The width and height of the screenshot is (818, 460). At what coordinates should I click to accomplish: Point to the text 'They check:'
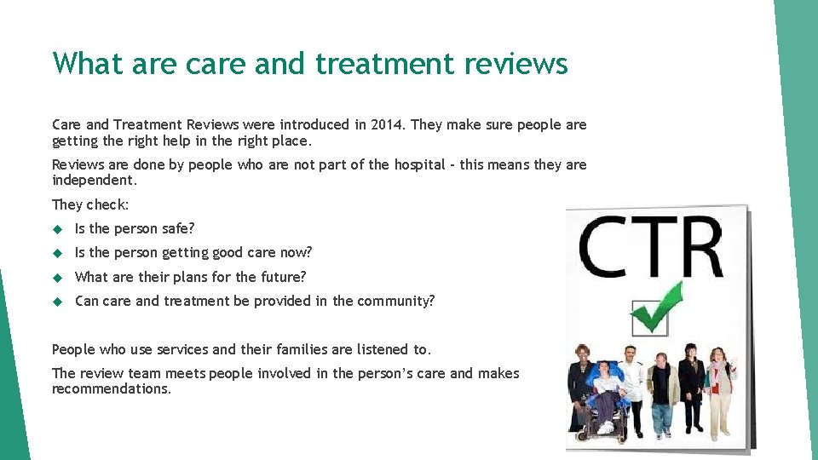(x=90, y=204)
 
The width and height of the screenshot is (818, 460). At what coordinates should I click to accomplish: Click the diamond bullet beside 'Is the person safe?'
(x=58, y=228)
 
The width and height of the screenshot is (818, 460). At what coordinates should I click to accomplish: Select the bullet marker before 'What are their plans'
(x=58, y=277)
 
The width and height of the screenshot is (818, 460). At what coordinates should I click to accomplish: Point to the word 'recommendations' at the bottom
(x=110, y=389)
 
